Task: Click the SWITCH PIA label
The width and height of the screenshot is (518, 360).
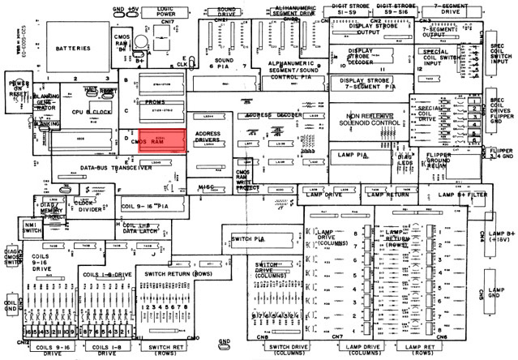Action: pyautogui.click(x=248, y=238)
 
